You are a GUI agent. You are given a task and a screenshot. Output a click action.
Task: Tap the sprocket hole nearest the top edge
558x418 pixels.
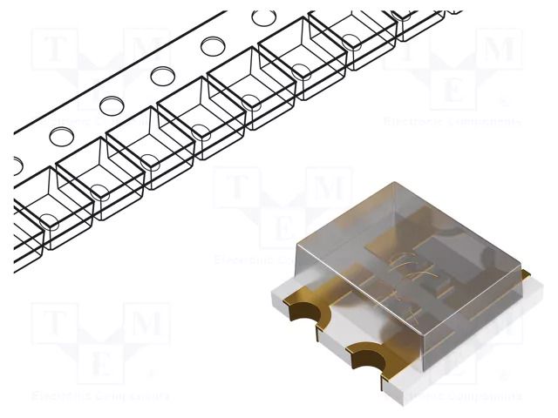[261, 17]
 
